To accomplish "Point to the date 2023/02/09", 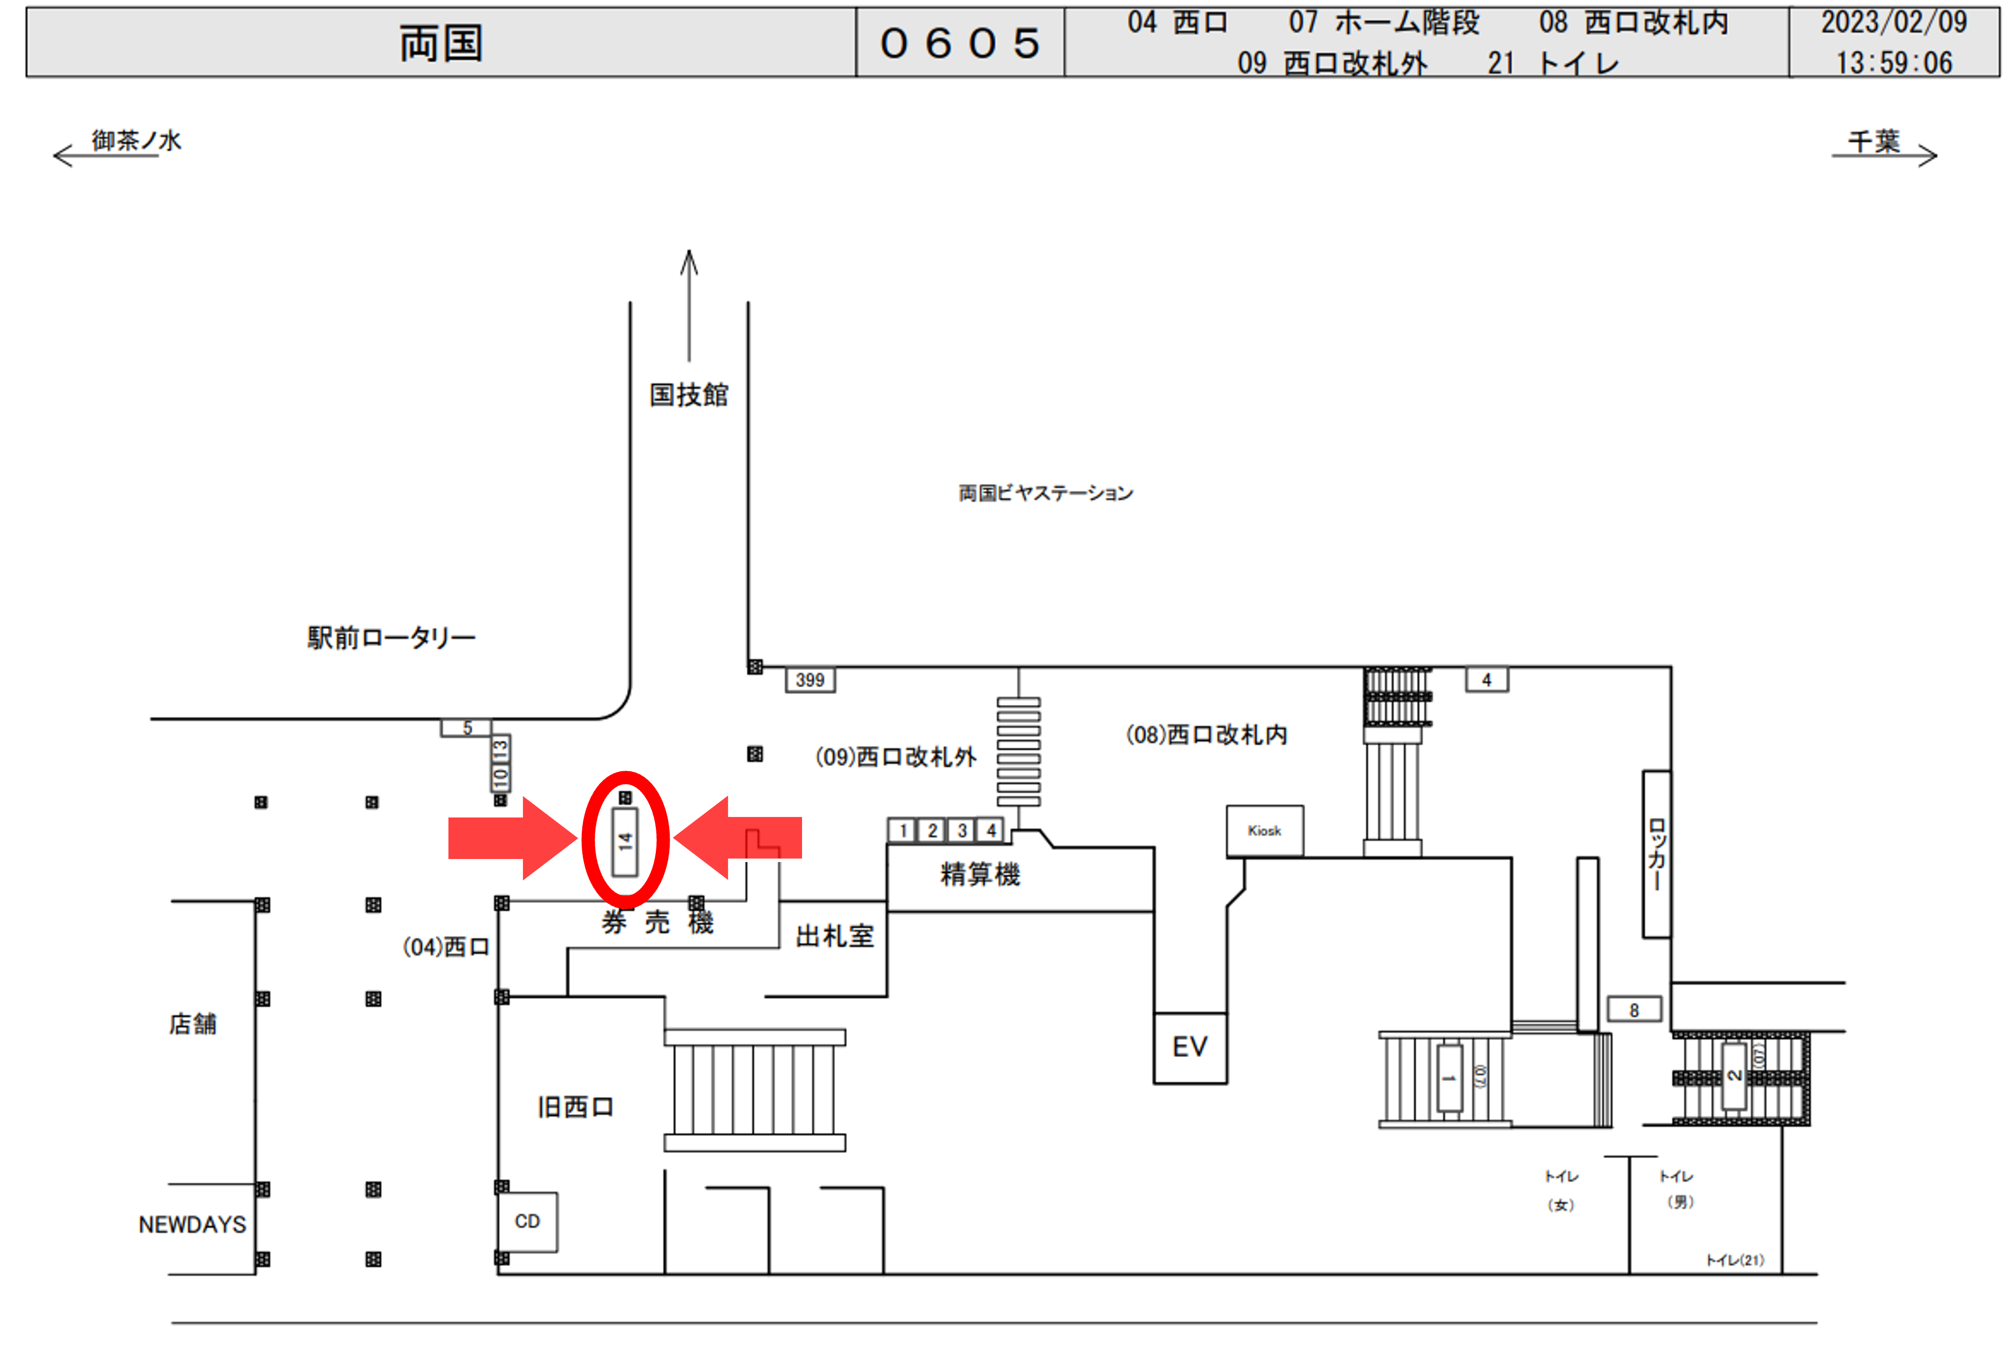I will tap(1893, 22).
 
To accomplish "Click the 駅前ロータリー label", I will tap(391, 638).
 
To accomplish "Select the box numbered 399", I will tap(810, 680).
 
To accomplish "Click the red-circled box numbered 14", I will tap(625, 841).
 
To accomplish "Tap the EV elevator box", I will tap(1190, 1047).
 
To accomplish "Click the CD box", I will tap(527, 1221).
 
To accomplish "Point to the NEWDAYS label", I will tap(192, 1225).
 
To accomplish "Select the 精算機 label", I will tap(979, 874).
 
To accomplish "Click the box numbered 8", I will tap(1633, 1010).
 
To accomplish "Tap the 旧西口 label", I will tap(575, 1107).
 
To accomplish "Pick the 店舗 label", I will tap(192, 1023).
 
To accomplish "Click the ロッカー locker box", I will tap(1656, 854).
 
